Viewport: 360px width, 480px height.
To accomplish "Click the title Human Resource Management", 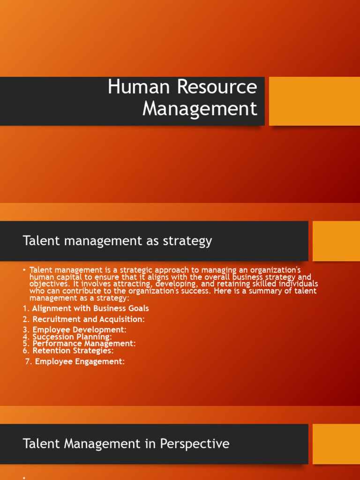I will coord(183,98).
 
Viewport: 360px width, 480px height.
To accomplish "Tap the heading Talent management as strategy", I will coord(117,241).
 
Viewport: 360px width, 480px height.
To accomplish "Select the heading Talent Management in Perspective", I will coord(126,443).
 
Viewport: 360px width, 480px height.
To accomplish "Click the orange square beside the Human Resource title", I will coord(314,101).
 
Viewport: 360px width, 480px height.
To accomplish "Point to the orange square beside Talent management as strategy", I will coord(336,241).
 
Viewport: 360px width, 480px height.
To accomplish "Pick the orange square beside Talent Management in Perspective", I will coord(336,443).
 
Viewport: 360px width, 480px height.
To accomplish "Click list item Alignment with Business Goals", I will coord(90,308).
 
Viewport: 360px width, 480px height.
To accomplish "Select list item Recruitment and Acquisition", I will coord(89,319).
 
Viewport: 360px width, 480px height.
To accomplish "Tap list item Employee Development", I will coord(79,330).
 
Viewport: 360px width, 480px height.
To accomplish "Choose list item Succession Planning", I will coord(72,337).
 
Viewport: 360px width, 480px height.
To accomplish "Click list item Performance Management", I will coord(84,344).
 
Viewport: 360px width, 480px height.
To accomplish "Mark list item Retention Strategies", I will coord(73,350).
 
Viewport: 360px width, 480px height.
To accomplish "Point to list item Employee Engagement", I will coord(80,361).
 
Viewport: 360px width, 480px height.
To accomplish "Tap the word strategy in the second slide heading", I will coord(187,241).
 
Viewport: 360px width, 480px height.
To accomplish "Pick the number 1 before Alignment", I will coord(25,308).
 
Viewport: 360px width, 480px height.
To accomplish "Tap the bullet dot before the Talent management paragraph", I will coord(24,270).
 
